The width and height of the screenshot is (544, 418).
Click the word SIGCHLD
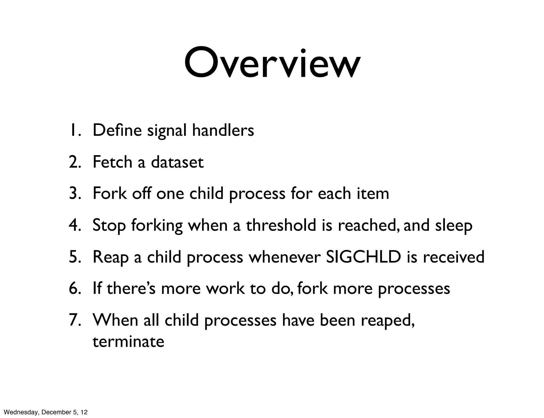coord(363,257)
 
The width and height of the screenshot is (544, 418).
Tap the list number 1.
coord(74,130)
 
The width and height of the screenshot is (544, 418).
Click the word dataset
coord(177,162)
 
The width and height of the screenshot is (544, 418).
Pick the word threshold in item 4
coord(281,225)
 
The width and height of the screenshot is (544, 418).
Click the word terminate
coord(128,341)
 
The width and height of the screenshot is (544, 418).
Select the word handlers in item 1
coord(223,130)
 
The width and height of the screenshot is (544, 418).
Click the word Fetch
coord(112,162)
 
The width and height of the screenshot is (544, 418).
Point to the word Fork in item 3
coord(110,193)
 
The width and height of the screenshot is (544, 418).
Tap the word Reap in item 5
coord(110,258)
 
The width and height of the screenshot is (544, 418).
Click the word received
coord(453,257)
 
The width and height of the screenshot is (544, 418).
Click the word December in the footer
coord(53,412)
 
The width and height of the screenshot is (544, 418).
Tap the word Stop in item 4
coord(109,226)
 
